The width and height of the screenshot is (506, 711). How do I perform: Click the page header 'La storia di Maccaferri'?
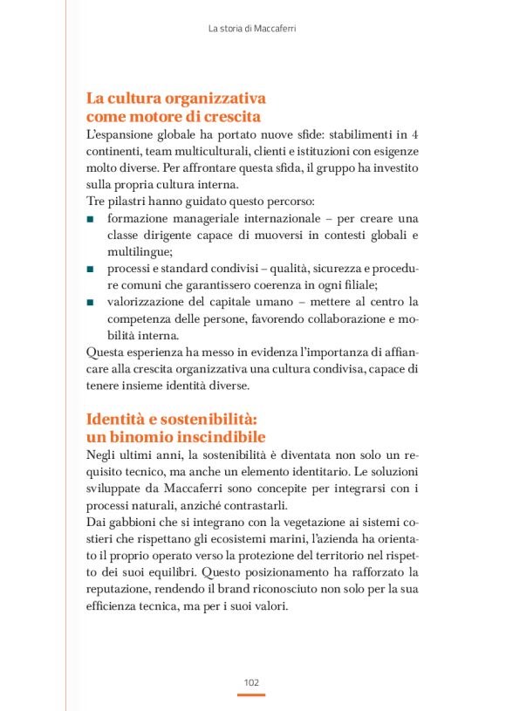[x=252, y=29]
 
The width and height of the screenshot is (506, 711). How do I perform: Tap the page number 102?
[x=251, y=681]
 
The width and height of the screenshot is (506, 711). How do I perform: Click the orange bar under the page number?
[x=251, y=694]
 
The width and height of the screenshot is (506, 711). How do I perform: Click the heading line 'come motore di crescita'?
[x=174, y=116]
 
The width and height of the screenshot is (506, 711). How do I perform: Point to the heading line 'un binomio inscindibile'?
[x=175, y=436]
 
